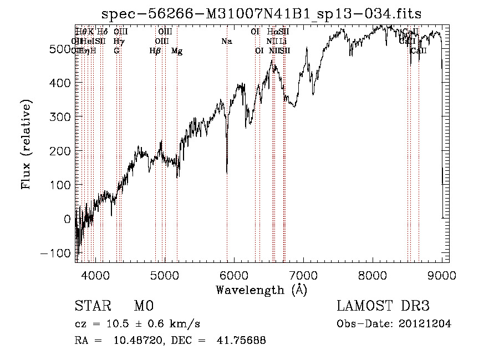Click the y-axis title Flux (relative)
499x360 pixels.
click(26, 144)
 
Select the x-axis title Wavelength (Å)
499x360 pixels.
click(262, 290)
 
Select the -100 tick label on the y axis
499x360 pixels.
click(57, 253)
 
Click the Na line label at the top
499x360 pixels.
click(226, 41)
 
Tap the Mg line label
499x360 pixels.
click(177, 51)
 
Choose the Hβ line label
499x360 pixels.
click(155, 51)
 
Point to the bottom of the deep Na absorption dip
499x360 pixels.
click(227, 173)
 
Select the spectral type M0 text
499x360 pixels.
click(143, 306)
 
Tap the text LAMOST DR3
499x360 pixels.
click(383, 306)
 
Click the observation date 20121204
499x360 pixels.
click(426, 324)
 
